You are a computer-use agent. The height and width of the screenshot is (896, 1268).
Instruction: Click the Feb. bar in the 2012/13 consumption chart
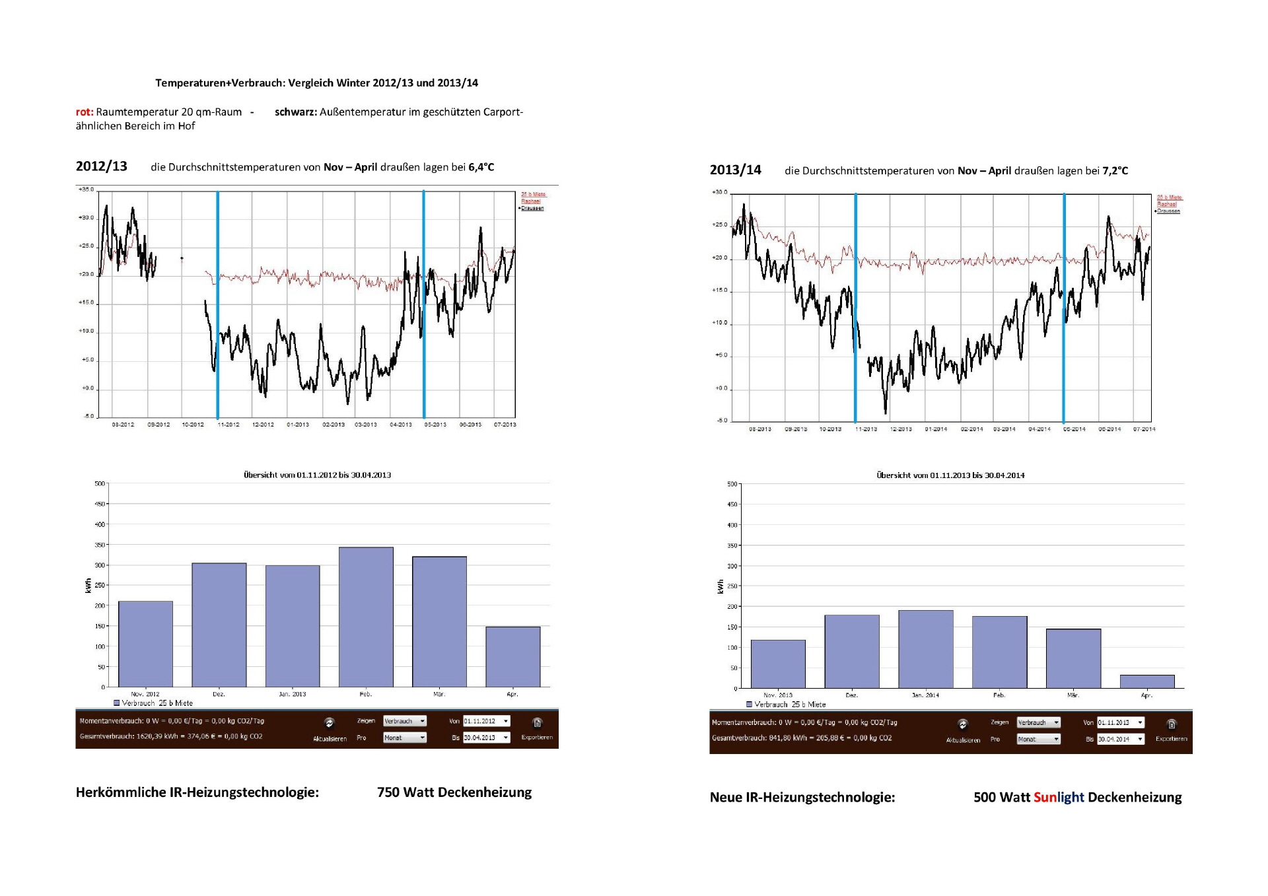pyautogui.click(x=366, y=617)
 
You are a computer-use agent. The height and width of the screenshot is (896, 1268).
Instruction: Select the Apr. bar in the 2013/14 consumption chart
pyautogui.click(x=1147, y=681)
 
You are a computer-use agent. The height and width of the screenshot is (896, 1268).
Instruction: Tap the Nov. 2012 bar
pyautogui.click(x=145, y=644)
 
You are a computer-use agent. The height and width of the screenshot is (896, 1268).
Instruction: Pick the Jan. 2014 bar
pyautogui.click(x=925, y=649)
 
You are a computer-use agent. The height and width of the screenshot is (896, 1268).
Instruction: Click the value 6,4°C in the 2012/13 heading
pyautogui.click(x=481, y=167)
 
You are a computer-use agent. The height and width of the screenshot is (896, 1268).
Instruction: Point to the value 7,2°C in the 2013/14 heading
pyautogui.click(x=1115, y=171)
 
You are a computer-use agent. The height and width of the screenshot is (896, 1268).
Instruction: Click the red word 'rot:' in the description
pyautogui.click(x=85, y=112)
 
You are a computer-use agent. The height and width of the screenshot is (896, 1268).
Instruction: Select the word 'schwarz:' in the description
pyautogui.click(x=295, y=112)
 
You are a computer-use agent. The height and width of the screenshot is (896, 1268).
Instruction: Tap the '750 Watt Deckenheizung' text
pyautogui.click(x=454, y=792)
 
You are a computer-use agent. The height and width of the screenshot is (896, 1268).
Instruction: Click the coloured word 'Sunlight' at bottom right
pyautogui.click(x=1059, y=797)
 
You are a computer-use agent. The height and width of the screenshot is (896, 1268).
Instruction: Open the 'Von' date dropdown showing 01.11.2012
pyautogui.click(x=486, y=721)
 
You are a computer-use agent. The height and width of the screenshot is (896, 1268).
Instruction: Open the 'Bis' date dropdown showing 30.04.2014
pyautogui.click(x=1120, y=739)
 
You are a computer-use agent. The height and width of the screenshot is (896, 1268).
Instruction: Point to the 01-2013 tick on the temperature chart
pyautogui.click(x=298, y=425)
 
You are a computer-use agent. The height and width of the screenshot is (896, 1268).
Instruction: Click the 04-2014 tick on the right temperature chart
pyautogui.click(x=1039, y=429)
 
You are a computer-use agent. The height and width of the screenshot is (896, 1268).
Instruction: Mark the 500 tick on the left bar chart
pyautogui.click(x=100, y=483)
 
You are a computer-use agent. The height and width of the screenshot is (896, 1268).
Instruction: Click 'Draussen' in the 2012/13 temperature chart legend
pyautogui.click(x=532, y=208)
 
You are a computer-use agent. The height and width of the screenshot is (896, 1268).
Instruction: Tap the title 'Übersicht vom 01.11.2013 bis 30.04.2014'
pyautogui.click(x=950, y=475)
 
